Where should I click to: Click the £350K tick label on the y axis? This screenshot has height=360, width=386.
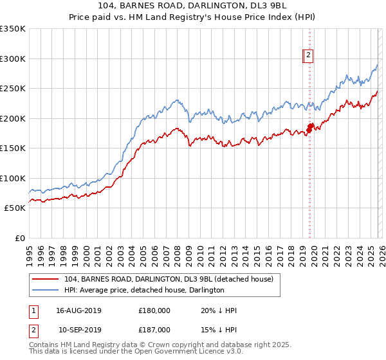(x=12, y=29)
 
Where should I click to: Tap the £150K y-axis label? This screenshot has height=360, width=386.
(x=12, y=148)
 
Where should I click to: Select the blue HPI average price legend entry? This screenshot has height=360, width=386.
(x=143, y=290)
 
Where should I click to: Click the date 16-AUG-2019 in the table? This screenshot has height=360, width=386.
(x=78, y=310)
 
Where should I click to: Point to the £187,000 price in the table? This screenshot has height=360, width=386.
(x=154, y=328)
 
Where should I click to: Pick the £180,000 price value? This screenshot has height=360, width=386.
(x=154, y=310)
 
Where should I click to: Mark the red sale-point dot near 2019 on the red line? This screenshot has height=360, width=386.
(x=309, y=129)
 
